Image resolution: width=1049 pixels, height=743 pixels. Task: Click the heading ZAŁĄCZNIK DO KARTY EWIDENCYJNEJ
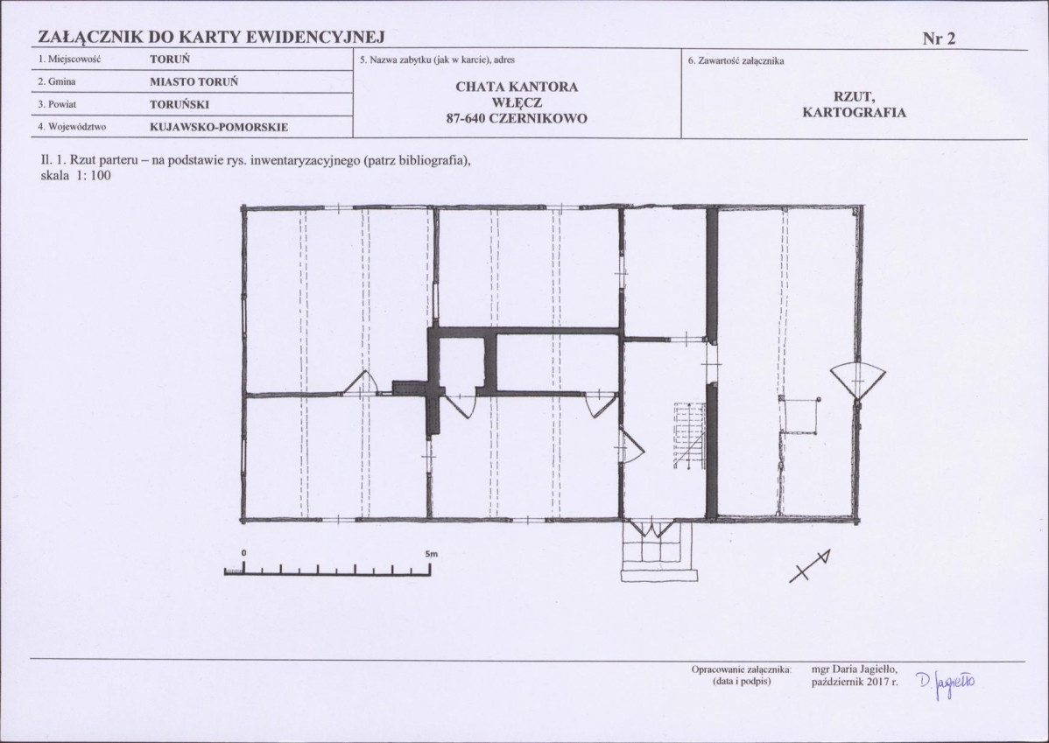point(211,37)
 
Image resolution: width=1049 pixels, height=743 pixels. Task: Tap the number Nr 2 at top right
point(940,39)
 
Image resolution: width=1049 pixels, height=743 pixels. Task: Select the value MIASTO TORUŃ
point(194,81)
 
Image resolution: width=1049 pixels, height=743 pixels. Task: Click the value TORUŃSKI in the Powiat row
point(180,104)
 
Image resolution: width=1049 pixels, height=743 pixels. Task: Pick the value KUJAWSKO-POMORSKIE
point(219,127)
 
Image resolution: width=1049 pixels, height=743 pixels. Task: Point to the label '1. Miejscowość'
point(69,59)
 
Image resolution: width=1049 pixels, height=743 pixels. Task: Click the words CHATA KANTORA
point(517,87)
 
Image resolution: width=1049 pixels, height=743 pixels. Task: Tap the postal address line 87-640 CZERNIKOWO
point(517,119)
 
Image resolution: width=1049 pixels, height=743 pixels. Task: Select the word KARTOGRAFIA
point(855,112)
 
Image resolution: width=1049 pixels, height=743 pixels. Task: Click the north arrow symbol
point(810,565)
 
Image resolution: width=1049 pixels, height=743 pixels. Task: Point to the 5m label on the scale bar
point(431,555)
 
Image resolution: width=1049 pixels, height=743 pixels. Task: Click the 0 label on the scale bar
point(244,554)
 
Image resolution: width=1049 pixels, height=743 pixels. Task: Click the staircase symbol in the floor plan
point(690,436)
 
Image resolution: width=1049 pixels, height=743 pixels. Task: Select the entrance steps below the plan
point(659,550)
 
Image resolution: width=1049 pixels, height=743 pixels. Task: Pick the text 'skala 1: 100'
point(76,176)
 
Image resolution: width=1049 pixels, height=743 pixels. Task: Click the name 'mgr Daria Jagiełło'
point(855,669)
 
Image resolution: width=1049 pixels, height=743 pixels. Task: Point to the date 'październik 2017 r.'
point(855,682)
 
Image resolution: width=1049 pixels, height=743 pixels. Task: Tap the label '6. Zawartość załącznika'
point(736,61)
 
